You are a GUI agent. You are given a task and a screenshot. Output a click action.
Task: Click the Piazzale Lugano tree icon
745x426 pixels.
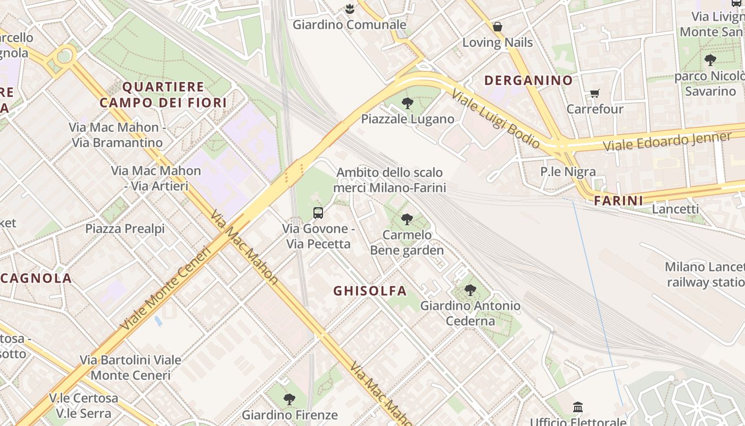[x=408, y=103]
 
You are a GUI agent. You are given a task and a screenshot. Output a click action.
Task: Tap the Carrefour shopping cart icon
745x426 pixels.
[x=595, y=94]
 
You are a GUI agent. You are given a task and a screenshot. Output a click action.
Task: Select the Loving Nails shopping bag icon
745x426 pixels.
[x=498, y=27]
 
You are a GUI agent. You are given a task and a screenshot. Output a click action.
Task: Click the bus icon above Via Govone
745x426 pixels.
[x=318, y=213]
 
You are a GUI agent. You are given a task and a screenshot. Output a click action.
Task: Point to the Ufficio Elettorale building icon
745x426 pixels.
[x=578, y=408]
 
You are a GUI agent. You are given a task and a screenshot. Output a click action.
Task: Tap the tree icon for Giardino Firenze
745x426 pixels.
[x=289, y=399]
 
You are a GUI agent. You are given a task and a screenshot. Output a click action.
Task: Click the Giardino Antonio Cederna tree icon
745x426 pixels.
[x=470, y=290]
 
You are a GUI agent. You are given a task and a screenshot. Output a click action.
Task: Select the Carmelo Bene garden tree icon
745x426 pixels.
[x=407, y=219]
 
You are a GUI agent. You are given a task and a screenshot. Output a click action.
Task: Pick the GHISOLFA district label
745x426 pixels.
[x=370, y=291]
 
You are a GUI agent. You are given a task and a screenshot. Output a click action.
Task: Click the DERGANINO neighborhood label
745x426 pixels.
[x=528, y=80]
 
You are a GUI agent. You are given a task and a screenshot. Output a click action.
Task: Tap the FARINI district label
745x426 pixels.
[x=618, y=201]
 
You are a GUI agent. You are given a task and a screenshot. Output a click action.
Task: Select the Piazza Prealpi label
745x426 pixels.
[x=125, y=228]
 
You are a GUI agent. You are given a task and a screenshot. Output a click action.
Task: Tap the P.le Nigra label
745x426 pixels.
[x=568, y=171]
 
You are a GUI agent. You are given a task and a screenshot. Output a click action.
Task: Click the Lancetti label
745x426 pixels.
[x=675, y=209]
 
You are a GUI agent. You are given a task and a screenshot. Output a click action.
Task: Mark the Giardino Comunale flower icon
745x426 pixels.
[x=350, y=9]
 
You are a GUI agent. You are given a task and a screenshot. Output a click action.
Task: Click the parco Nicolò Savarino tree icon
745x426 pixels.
[x=710, y=60]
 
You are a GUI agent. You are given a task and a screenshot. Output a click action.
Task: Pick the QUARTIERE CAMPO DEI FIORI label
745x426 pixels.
[x=163, y=95]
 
